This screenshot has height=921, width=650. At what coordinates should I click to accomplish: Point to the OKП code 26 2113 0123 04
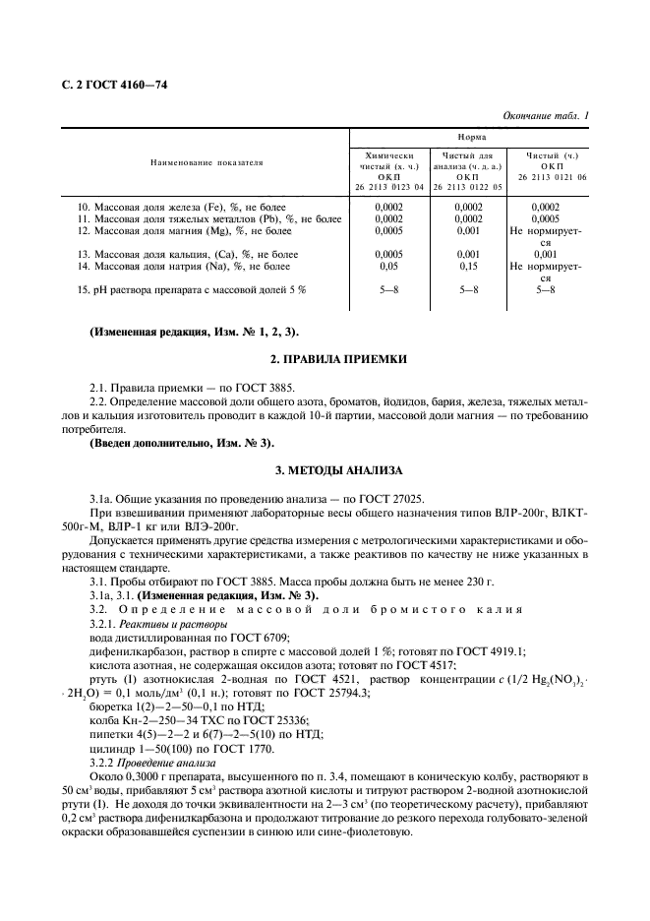(390, 186)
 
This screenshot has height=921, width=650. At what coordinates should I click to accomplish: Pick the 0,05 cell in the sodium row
(390, 267)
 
